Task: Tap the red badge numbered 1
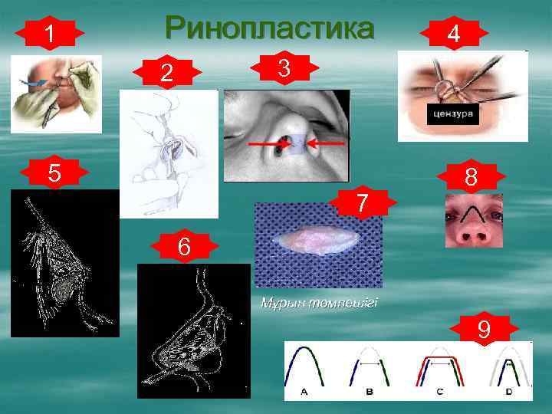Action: (49, 34)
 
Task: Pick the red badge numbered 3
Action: (284, 68)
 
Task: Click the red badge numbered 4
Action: (455, 34)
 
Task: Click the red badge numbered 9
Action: (484, 330)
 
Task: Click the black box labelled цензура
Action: (452, 115)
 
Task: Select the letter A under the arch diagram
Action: (304, 392)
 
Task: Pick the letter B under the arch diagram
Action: (368, 392)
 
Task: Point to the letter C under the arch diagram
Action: (439, 392)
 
